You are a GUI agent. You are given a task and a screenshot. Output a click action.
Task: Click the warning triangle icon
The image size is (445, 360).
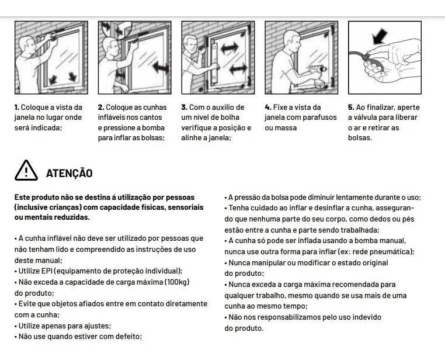pos(26,170)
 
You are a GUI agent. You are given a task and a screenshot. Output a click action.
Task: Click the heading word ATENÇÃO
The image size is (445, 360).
pos(69,173)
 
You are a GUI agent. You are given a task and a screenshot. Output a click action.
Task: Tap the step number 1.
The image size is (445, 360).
pos(17,108)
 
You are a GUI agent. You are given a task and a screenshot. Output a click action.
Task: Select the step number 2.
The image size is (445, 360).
pos(101,108)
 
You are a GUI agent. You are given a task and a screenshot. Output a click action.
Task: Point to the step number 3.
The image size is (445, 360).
pos(184,108)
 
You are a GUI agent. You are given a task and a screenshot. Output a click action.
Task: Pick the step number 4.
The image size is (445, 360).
pos(268,108)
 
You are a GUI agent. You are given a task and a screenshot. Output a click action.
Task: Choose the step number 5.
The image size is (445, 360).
pos(351,108)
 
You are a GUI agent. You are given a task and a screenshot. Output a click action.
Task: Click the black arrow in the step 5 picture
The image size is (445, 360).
pos(380,36)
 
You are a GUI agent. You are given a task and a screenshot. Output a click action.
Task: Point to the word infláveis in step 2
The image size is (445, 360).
pos(112,117)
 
